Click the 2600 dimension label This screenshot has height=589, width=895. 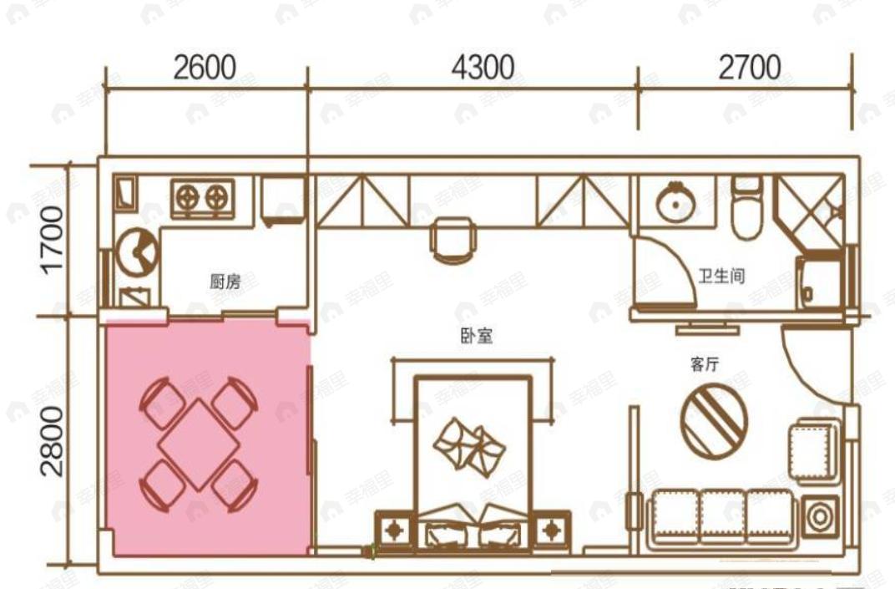tap(205, 67)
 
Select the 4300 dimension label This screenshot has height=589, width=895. tap(483, 67)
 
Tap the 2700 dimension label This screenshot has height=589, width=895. tap(749, 67)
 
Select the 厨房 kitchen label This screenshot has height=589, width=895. tap(225, 282)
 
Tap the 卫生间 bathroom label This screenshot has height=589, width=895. tap(721, 276)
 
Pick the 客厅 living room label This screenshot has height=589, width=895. tap(705, 364)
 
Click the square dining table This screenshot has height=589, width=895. tap(198, 444)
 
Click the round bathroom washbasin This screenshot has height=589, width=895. tap(674, 203)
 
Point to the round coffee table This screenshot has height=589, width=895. tap(714, 420)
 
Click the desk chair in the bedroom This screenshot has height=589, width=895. tap(452, 238)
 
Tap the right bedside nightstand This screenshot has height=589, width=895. tap(550, 529)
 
